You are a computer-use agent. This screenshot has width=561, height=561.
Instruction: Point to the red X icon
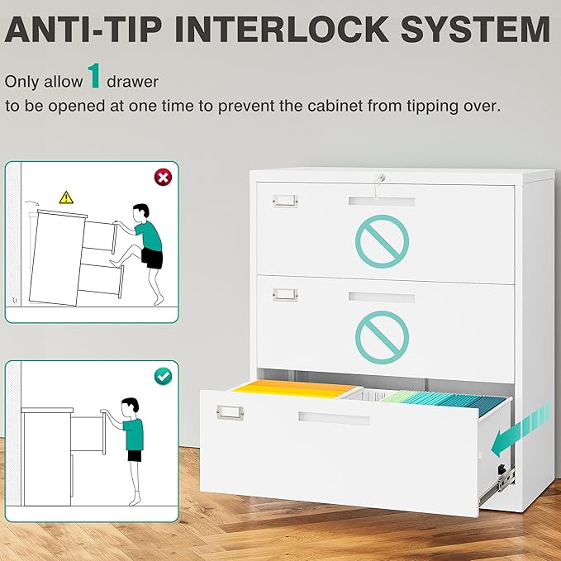click(164, 177)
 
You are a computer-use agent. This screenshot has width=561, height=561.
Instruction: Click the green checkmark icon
click(164, 375)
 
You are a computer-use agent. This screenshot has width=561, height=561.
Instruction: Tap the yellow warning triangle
click(66, 197)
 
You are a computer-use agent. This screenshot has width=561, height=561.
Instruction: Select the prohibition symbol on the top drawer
click(382, 240)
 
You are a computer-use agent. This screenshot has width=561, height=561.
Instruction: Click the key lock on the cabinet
click(380, 177)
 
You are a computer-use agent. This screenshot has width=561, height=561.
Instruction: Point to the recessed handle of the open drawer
click(334, 418)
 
